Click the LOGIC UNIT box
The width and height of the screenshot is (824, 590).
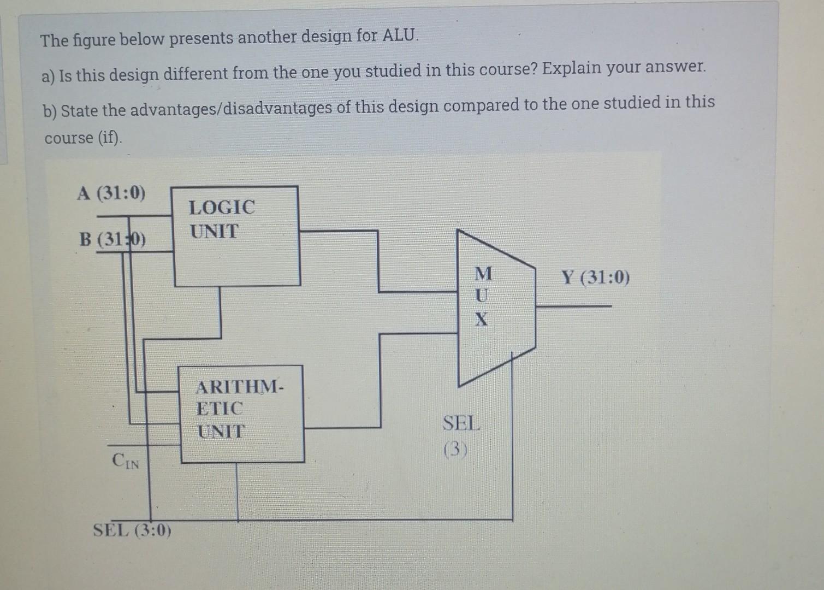pyautogui.click(x=236, y=236)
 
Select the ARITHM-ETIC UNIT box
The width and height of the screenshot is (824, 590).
pyautogui.click(x=242, y=414)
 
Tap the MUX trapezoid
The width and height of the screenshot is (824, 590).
pyautogui.click(x=495, y=309)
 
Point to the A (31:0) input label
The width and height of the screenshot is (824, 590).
pyautogui.click(x=111, y=193)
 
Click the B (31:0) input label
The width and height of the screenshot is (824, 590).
pyautogui.click(x=112, y=239)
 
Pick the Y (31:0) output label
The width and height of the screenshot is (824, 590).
pyautogui.click(x=595, y=278)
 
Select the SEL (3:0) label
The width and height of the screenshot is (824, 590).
pyautogui.click(x=132, y=530)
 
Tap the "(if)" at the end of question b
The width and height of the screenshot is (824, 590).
pyautogui.click(x=110, y=138)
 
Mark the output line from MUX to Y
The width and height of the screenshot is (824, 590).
pyautogui.click(x=573, y=306)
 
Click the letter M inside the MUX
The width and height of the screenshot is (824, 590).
pyautogui.click(x=483, y=273)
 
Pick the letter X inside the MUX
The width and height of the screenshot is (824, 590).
pyautogui.click(x=481, y=318)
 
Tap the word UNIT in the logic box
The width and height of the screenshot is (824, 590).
pyautogui.click(x=215, y=232)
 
